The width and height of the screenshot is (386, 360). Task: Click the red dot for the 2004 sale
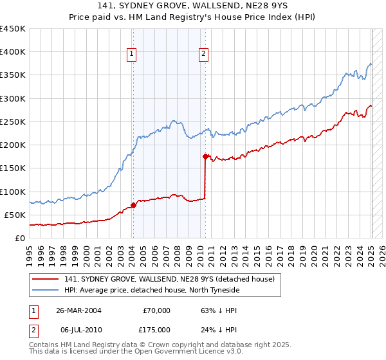(x=133, y=205)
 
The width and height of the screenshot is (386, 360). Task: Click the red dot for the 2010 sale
(x=205, y=156)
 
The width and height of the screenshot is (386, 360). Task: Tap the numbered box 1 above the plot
(x=131, y=55)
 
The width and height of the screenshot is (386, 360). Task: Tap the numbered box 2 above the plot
(x=203, y=55)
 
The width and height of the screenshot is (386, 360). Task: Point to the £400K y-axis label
(x=13, y=52)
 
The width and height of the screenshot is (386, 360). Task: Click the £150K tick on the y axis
(x=13, y=168)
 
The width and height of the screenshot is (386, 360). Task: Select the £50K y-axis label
(x=15, y=215)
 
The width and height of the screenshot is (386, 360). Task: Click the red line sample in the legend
(x=46, y=279)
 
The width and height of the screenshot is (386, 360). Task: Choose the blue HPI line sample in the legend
(x=46, y=290)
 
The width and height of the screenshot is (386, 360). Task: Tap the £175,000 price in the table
(x=156, y=330)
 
